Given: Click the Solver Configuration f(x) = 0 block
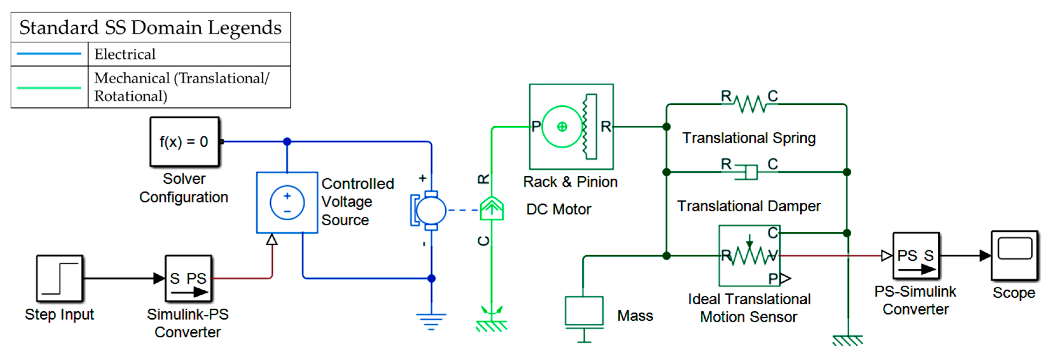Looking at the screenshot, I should click(x=184, y=142).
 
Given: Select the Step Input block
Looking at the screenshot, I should click(x=59, y=279).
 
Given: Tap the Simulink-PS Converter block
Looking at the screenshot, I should click(x=188, y=279).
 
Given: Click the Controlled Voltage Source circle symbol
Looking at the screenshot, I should click(x=287, y=203).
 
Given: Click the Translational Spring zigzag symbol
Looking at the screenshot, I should click(x=750, y=104).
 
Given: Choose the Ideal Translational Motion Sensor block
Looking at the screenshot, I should click(x=749, y=256).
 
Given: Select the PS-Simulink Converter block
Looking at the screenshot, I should click(x=915, y=256).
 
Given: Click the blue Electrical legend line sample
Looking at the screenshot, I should click(x=49, y=54).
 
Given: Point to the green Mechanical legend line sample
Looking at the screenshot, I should click(x=49, y=87).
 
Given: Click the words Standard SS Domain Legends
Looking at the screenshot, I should click(x=150, y=28).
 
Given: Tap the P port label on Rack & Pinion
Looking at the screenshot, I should click(x=536, y=127).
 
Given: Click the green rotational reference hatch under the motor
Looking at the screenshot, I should click(x=492, y=325).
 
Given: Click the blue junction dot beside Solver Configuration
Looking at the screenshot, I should click(x=287, y=142).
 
